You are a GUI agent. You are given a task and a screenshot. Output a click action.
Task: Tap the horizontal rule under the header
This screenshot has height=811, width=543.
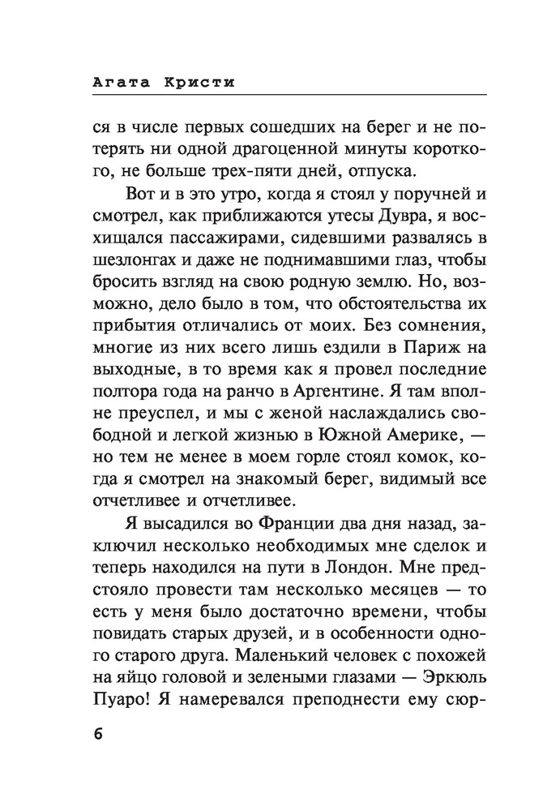click(271, 96)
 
